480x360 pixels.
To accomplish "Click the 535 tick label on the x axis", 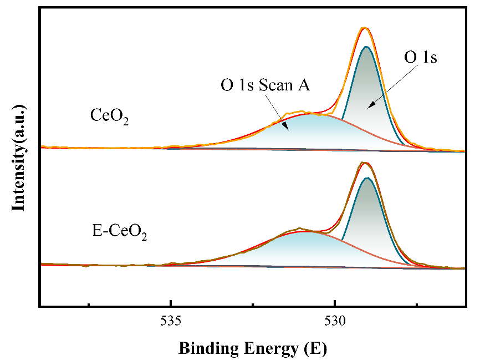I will coord(171,322).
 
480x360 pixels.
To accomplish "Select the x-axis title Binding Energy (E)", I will coord(253,348).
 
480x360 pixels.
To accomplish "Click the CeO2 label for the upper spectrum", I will coord(110,116).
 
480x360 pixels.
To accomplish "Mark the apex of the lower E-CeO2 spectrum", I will coord(364,163).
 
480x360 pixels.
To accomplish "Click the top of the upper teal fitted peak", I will coord(366,47).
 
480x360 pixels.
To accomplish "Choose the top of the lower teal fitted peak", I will coord(366,178).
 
